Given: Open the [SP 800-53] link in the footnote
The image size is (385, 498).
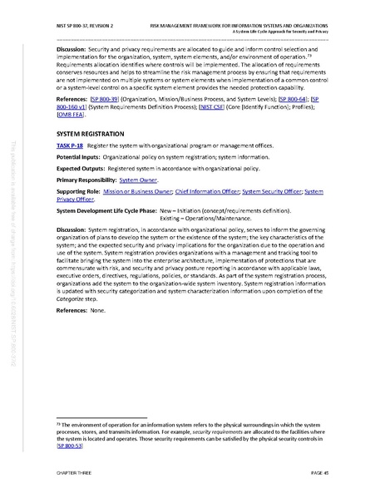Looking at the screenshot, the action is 70,446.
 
